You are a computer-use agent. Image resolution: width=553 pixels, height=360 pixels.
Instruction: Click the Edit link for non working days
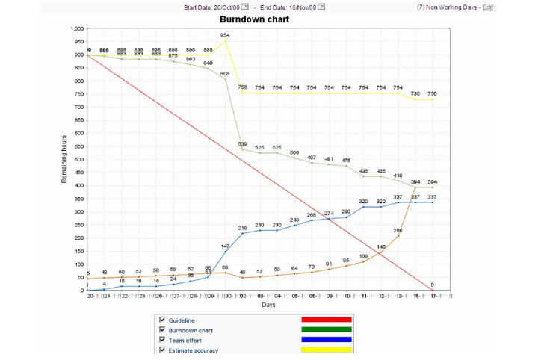(x=488, y=7)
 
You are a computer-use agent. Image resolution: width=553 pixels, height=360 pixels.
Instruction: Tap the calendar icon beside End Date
(x=321, y=7)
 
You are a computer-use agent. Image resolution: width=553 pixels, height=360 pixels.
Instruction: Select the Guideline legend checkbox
(x=161, y=320)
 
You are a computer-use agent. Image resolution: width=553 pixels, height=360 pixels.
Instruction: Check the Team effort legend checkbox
(x=161, y=339)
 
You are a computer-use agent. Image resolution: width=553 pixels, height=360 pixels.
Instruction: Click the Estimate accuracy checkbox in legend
(x=161, y=349)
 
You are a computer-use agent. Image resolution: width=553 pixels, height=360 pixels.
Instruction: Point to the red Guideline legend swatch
(x=326, y=320)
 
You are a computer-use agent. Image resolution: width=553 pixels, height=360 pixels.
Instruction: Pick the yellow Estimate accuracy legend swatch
(x=326, y=349)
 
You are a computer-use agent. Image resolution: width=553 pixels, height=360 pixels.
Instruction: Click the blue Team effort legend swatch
(x=326, y=339)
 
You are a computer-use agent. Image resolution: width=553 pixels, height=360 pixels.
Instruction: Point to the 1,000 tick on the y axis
(x=75, y=29)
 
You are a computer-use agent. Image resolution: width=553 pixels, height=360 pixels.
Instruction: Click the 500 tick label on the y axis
(x=78, y=160)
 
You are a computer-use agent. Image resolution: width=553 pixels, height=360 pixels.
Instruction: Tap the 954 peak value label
(x=225, y=35)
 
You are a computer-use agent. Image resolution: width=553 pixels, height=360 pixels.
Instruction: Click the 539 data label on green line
(x=242, y=144)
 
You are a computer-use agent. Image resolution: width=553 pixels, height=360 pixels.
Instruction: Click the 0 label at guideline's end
(x=432, y=285)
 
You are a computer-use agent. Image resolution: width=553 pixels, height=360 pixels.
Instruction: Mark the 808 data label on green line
(x=225, y=73)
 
